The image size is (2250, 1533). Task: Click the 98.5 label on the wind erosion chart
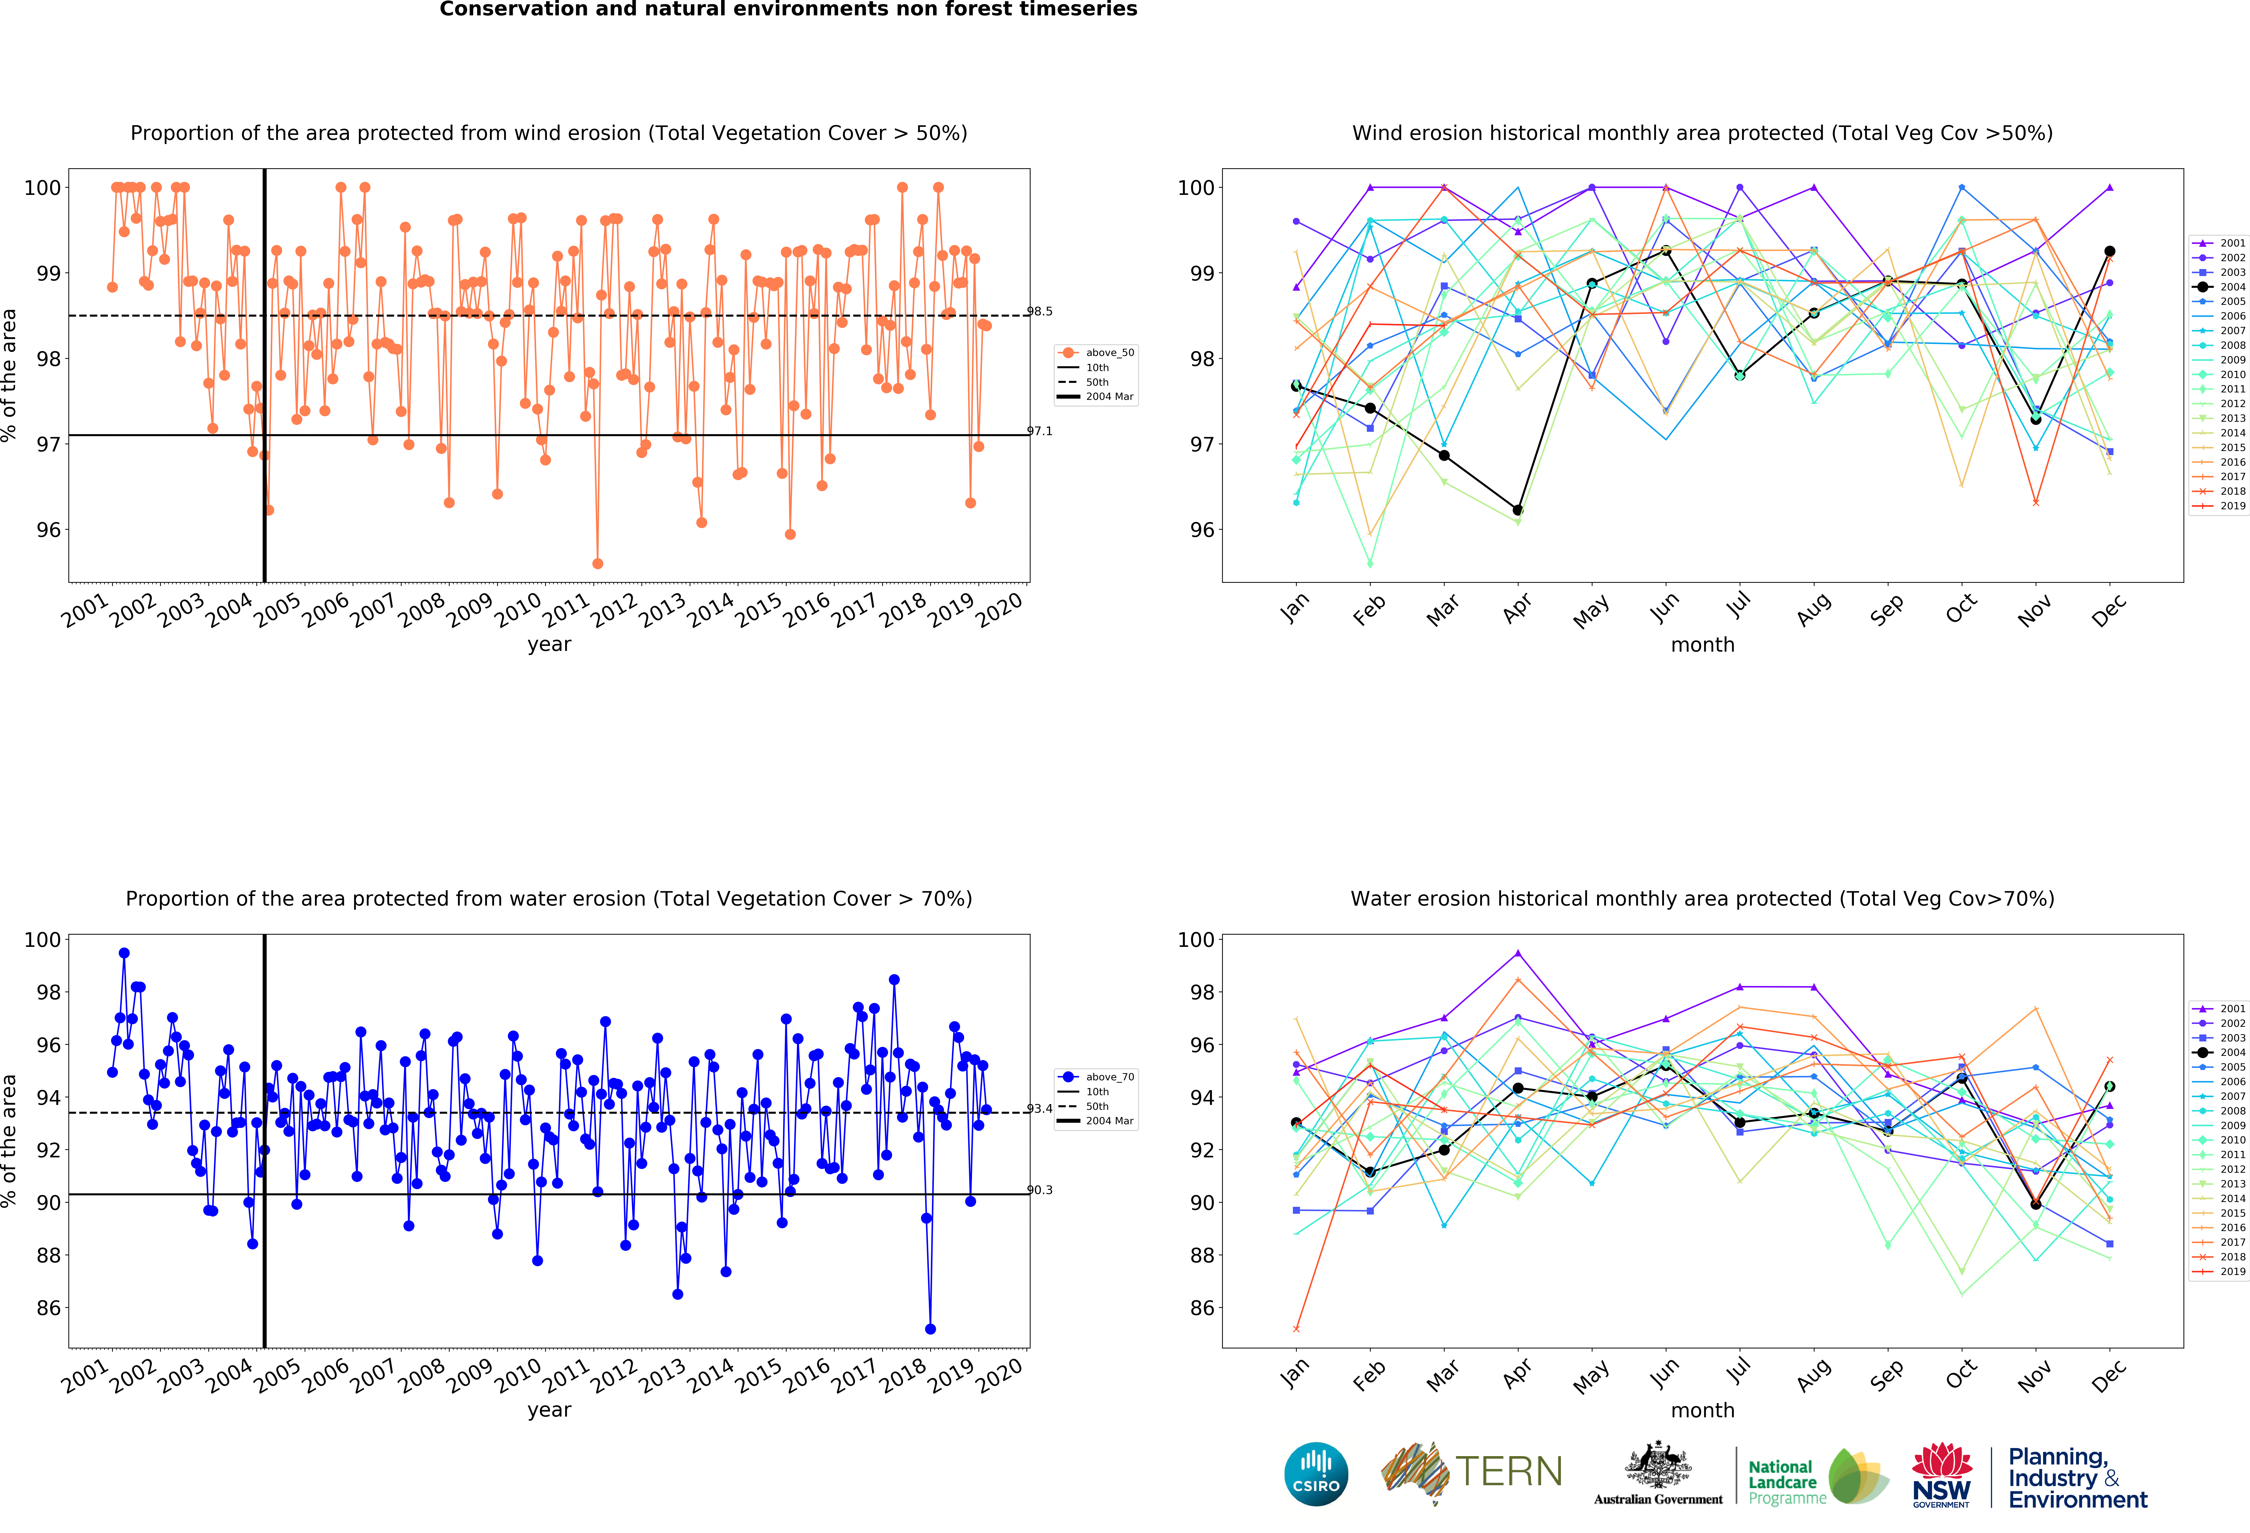(x=1040, y=312)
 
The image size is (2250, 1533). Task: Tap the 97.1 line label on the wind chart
(x=1040, y=432)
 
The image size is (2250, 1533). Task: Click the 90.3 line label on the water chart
(x=1040, y=1190)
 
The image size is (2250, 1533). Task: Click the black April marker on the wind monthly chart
(x=1518, y=510)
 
